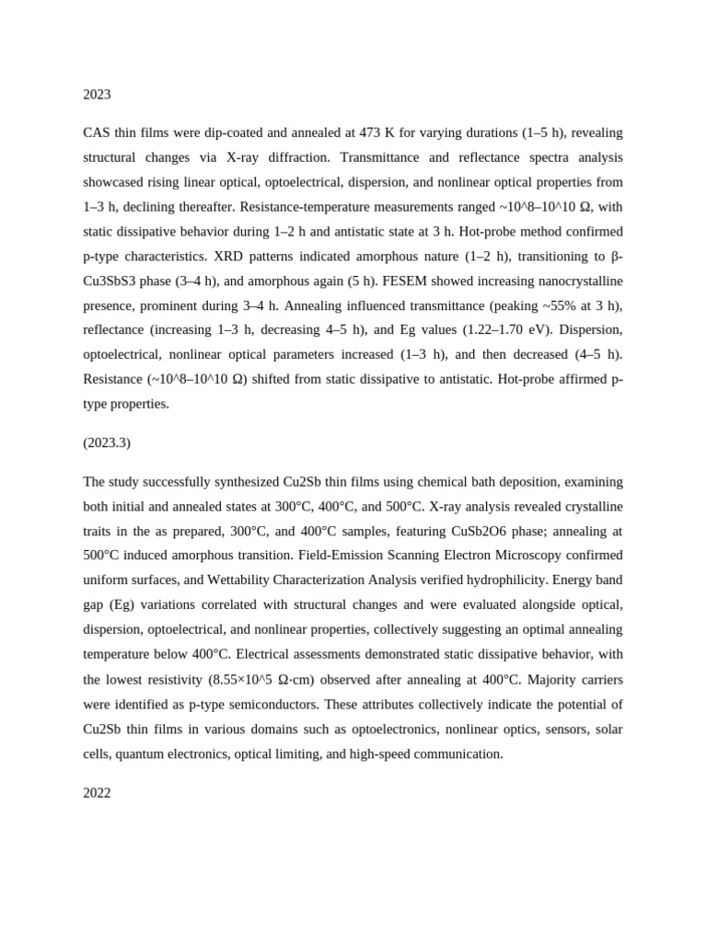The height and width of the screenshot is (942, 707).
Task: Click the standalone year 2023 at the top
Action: point(97,94)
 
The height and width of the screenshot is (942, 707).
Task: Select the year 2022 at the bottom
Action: point(97,792)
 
